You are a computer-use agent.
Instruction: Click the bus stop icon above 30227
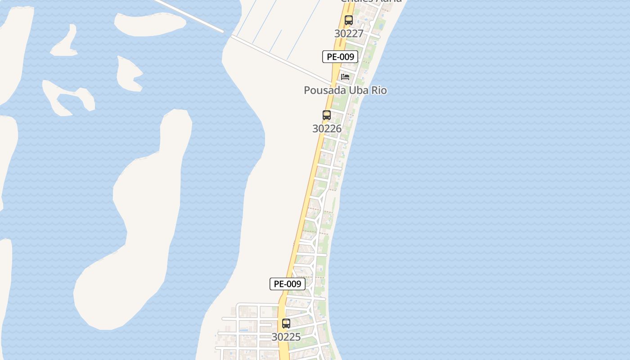coord(349,20)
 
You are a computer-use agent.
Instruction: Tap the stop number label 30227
coord(349,34)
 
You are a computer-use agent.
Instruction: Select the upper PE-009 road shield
coord(340,57)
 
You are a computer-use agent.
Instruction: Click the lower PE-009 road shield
coord(288,284)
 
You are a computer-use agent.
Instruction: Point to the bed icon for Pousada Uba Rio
coord(345,77)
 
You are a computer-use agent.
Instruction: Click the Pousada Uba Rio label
coord(345,90)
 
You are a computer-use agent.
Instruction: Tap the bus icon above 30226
coord(327,115)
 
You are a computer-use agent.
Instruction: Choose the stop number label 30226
coord(327,129)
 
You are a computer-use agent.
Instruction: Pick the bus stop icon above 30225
coord(286,324)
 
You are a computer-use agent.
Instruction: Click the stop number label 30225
coord(286,337)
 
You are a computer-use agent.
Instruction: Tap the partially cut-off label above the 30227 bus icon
coord(371,1)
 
